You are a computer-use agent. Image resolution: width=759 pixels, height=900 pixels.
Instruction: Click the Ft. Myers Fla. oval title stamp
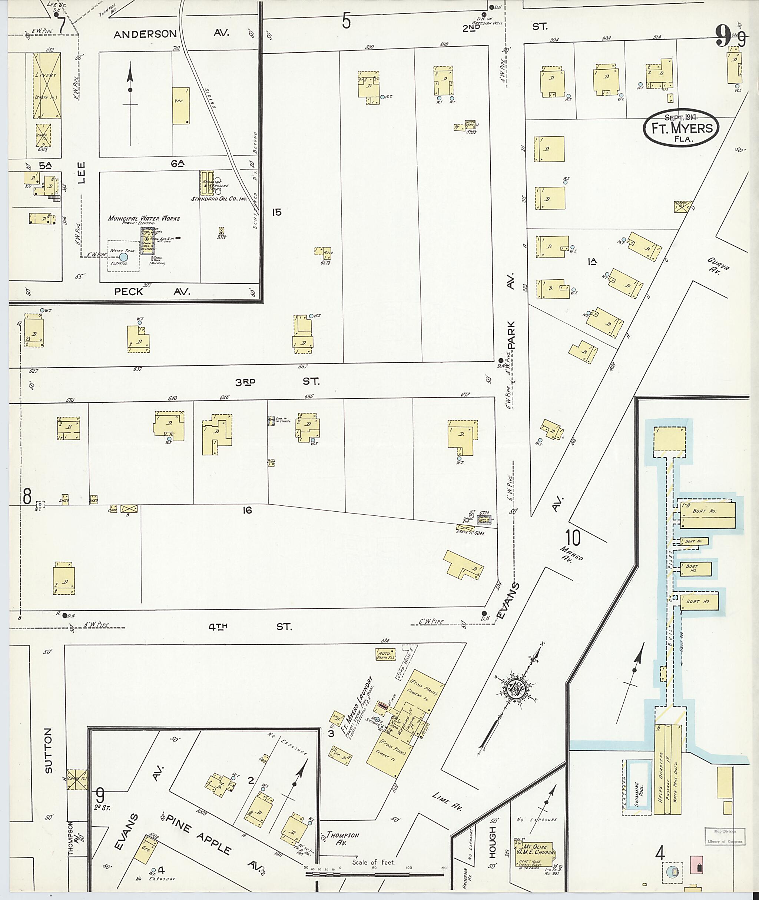coord(681,127)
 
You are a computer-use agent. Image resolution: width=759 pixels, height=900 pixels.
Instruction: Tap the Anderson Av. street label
coord(171,34)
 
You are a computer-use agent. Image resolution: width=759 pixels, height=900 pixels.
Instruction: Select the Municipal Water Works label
coord(144,218)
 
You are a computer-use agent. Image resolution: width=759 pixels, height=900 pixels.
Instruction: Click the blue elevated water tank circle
coord(123,256)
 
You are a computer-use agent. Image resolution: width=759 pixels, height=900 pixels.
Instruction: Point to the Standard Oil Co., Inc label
coord(219,199)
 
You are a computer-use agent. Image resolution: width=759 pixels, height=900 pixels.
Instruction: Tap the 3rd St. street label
coord(277,382)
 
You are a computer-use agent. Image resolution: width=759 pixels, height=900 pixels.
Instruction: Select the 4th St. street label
coord(249,627)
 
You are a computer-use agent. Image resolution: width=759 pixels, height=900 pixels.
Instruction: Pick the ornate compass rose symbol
coord(516,689)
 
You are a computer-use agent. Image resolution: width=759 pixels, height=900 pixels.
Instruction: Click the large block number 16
coord(246,510)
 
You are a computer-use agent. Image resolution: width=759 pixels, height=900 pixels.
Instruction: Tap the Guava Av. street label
coord(718,266)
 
